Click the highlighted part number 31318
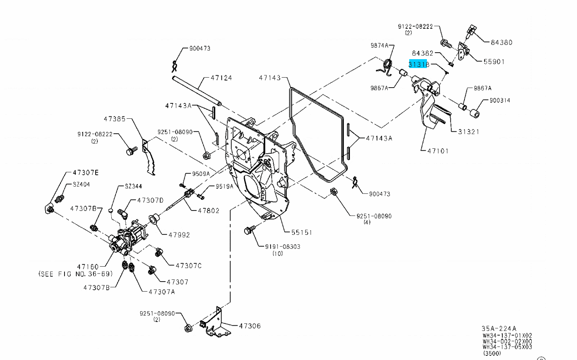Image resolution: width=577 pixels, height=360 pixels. (x=419, y=64)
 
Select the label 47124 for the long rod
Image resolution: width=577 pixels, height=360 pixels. (x=221, y=78)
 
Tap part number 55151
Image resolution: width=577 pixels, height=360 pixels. (x=301, y=232)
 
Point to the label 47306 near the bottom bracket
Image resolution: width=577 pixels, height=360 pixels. (x=250, y=326)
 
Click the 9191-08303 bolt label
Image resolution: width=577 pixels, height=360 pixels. (x=283, y=246)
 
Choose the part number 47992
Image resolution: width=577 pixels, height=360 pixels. (x=179, y=235)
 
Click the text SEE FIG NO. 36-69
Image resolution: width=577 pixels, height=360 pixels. (x=76, y=274)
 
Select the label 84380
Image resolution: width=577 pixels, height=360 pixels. (x=501, y=42)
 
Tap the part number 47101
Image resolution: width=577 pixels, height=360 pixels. (x=438, y=151)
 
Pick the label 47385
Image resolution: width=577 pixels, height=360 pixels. (x=114, y=119)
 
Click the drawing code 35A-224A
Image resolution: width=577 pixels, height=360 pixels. (x=499, y=328)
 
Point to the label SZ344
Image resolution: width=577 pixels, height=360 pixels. (x=133, y=186)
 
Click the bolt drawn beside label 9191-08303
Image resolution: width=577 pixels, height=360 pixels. (x=248, y=231)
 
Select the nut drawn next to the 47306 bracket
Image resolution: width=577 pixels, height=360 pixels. (x=188, y=328)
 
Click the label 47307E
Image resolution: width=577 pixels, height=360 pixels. (x=85, y=173)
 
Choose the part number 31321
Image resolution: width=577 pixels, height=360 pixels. (x=469, y=131)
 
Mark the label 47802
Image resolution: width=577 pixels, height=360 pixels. (x=208, y=211)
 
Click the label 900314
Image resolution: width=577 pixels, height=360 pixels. (x=499, y=100)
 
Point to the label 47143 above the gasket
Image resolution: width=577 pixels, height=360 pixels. (x=270, y=78)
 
